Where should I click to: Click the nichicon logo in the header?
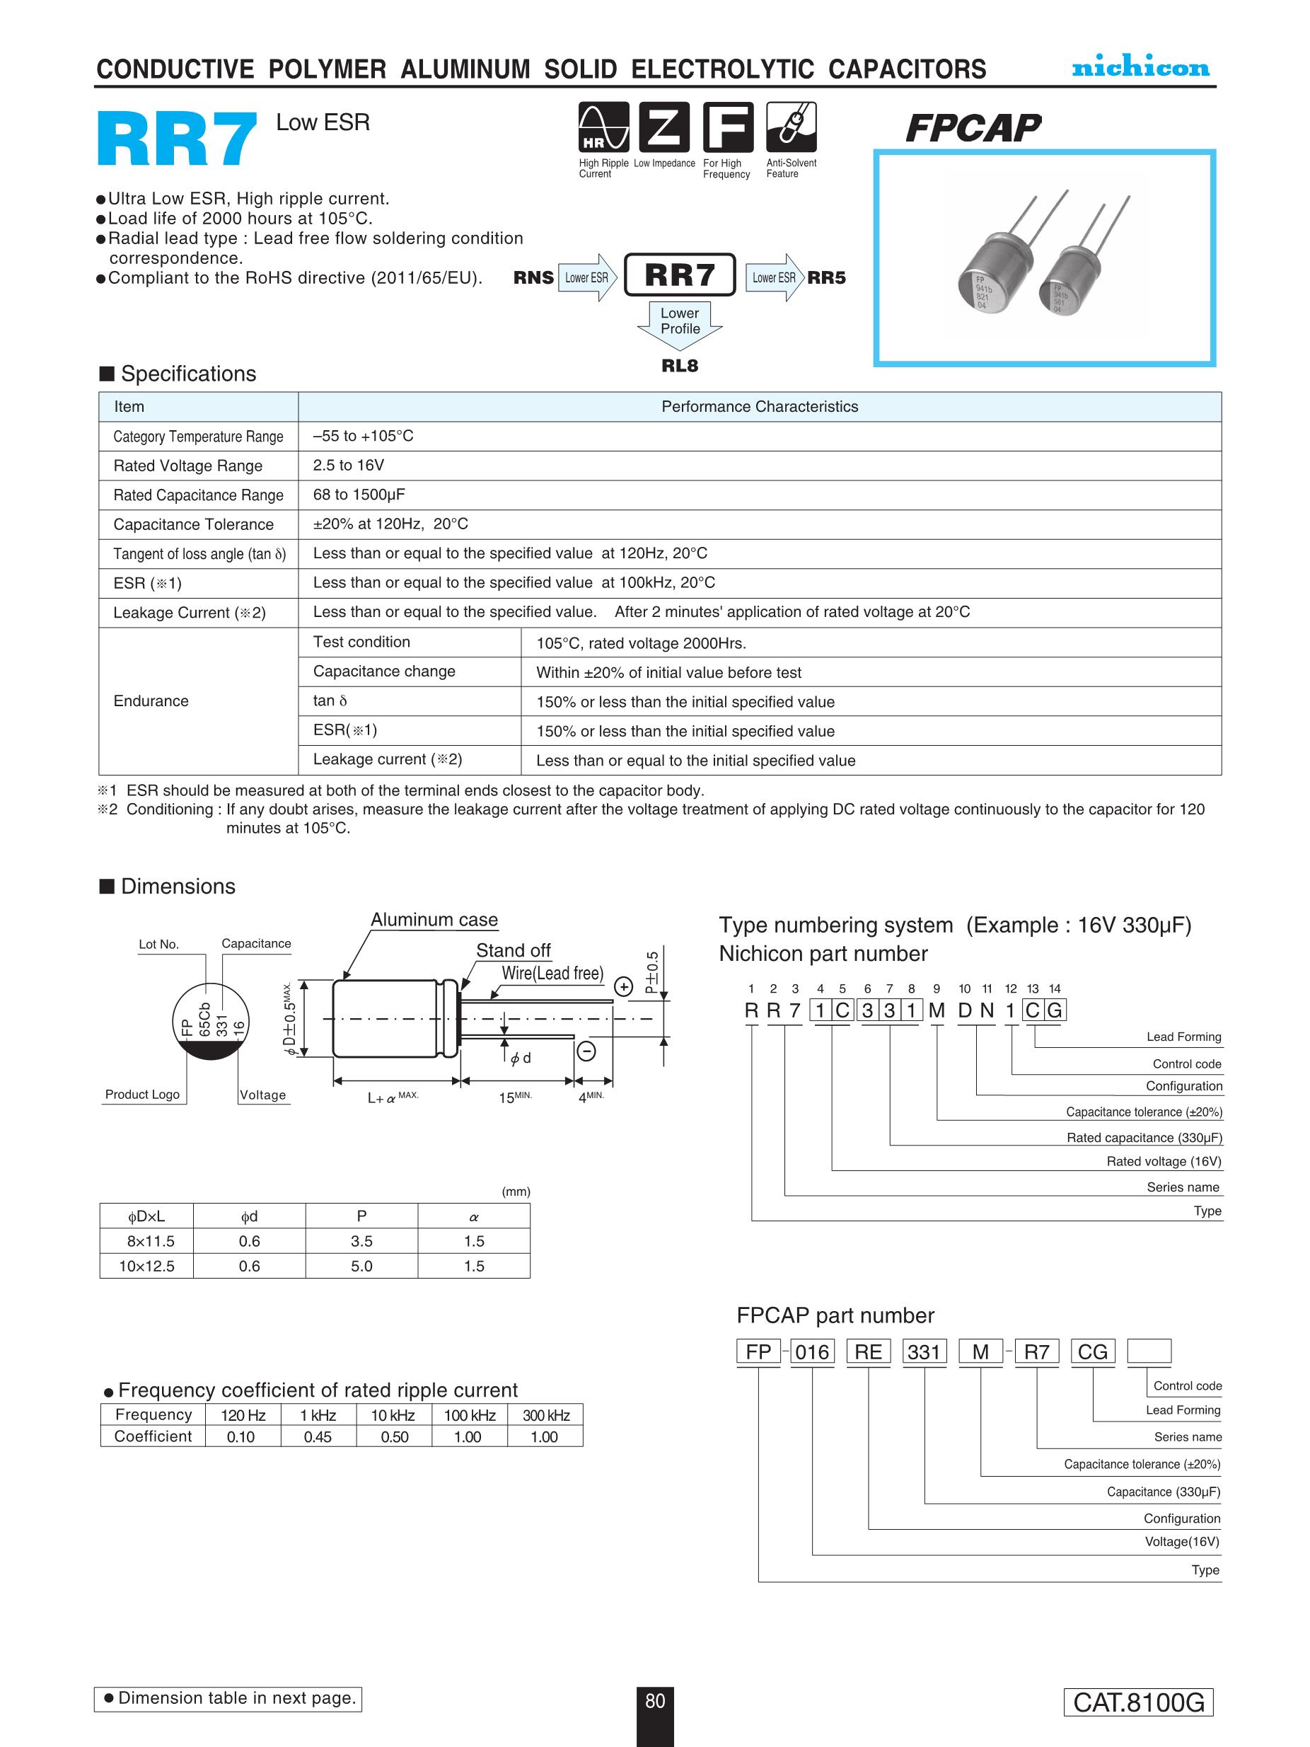click(x=1140, y=67)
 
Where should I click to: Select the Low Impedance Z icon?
click(x=664, y=127)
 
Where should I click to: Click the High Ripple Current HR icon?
click(x=603, y=127)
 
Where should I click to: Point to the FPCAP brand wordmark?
click(x=973, y=128)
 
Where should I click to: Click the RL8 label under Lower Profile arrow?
click(x=679, y=366)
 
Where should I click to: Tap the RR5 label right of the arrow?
click(x=826, y=277)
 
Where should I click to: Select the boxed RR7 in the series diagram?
click(x=679, y=275)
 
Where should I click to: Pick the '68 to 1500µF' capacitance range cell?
click(x=359, y=495)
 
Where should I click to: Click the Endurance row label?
click(x=151, y=700)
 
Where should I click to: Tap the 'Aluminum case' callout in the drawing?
click(x=434, y=919)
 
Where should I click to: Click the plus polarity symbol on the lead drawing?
click(x=624, y=986)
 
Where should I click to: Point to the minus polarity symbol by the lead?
click(x=586, y=1051)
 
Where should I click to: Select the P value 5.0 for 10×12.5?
click(x=361, y=1266)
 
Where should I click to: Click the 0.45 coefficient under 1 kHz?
click(x=318, y=1436)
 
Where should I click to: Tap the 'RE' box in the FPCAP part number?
click(x=868, y=1351)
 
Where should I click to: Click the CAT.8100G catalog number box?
click(x=1138, y=1702)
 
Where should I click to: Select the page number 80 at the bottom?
click(x=654, y=1701)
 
